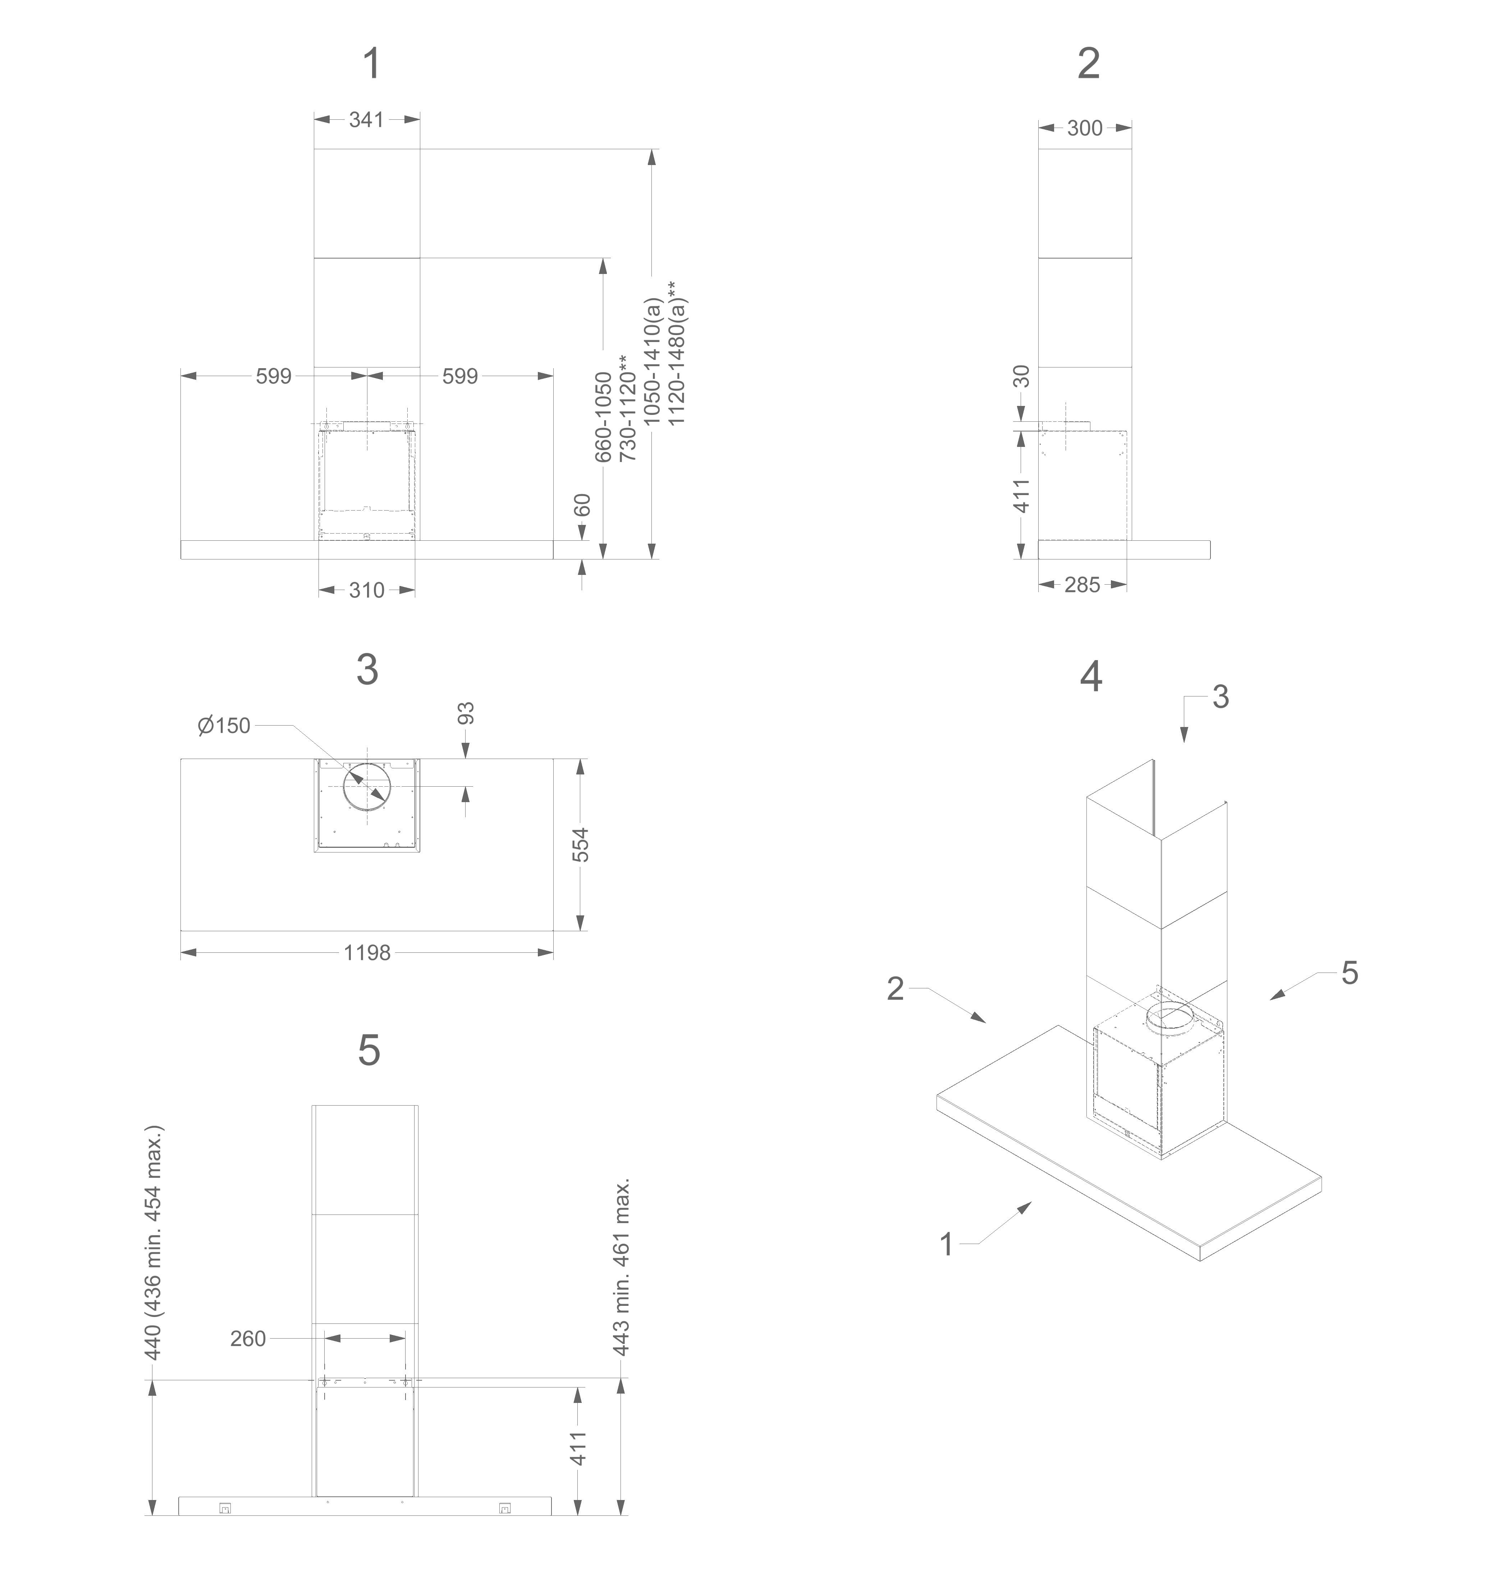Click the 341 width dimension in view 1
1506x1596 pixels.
coord(366,120)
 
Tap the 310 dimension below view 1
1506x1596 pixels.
coord(366,591)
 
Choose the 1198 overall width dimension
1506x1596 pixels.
coord(367,953)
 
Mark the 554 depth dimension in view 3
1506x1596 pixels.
coord(580,845)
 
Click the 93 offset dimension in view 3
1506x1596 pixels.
coord(466,713)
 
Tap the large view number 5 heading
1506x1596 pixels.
coord(369,1050)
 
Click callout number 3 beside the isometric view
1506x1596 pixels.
coord(1220,697)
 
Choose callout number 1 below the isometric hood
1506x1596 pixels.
coord(947,1244)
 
